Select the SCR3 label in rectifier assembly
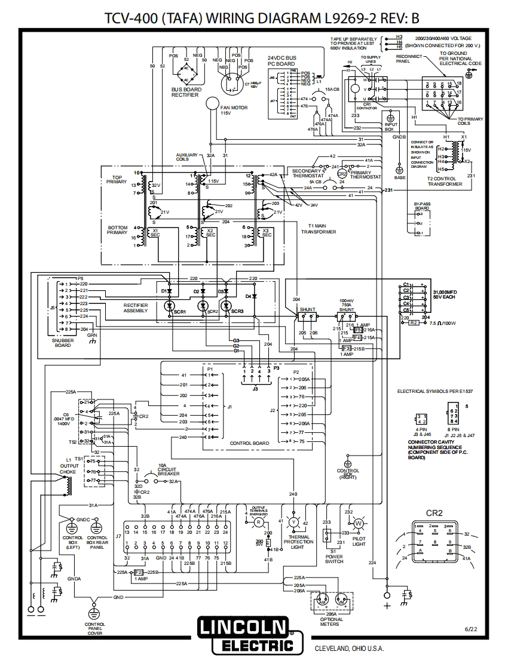(237, 312)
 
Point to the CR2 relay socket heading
(434, 512)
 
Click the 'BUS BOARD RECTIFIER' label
(186, 92)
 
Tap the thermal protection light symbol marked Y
(293, 521)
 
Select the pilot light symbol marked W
(359, 523)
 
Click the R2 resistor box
(414, 322)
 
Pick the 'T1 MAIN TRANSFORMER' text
(318, 229)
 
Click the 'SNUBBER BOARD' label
(63, 343)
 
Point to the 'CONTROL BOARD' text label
(250, 443)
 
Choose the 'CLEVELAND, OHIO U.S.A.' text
(349, 649)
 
